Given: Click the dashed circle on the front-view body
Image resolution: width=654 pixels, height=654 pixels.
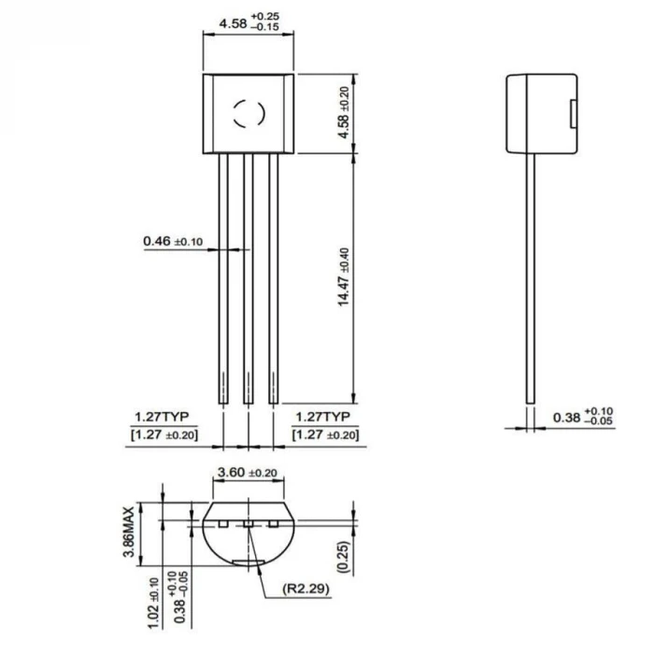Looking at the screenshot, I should tap(249, 114).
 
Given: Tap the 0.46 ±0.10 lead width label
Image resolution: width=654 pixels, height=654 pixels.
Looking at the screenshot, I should tap(173, 242).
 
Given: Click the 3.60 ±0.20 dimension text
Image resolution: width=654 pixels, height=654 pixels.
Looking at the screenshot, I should tap(246, 474).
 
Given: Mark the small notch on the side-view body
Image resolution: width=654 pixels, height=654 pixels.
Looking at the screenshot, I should tap(572, 113).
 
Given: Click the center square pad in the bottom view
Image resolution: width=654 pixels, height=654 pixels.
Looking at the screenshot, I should tap(249, 524).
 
